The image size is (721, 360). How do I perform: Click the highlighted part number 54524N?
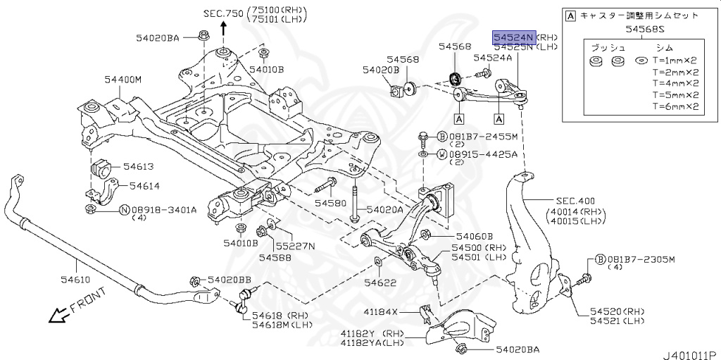(x=513, y=37)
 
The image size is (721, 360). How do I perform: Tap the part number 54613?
(x=138, y=167)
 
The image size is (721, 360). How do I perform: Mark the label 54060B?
(x=474, y=237)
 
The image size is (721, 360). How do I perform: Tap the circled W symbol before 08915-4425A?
(x=441, y=154)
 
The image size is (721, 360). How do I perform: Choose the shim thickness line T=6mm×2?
(x=675, y=107)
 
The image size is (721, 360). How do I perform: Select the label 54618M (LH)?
(x=277, y=324)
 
